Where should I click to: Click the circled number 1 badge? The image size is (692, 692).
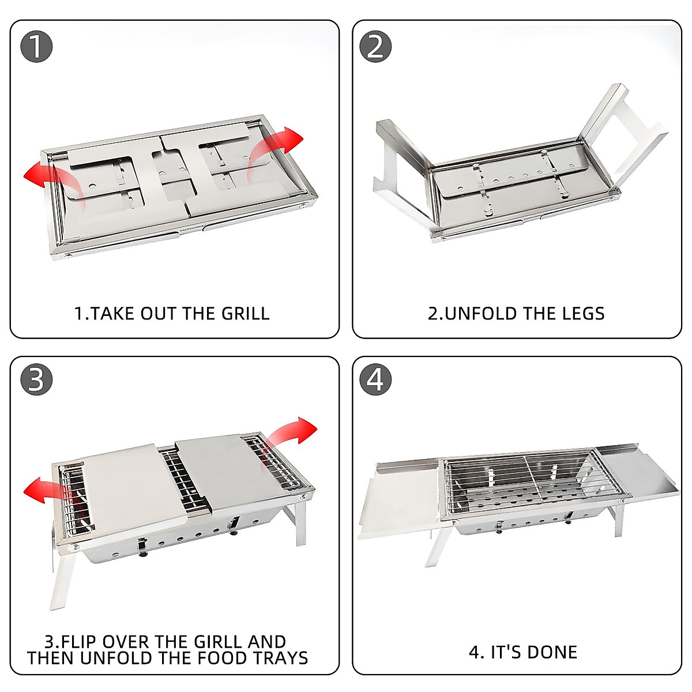click(x=37, y=47)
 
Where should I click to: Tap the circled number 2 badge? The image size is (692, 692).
click(x=375, y=47)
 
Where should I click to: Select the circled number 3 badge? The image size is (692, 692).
click(x=37, y=380)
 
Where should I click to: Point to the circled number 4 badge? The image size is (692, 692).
click(x=375, y=380)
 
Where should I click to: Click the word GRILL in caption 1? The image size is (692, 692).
click(x=246, y=314)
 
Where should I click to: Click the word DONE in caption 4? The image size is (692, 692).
click(x=552, y=652)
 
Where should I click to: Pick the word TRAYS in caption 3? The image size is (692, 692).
click(x=281, y=658)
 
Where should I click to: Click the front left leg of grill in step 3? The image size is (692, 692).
click(x=61, y=577)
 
